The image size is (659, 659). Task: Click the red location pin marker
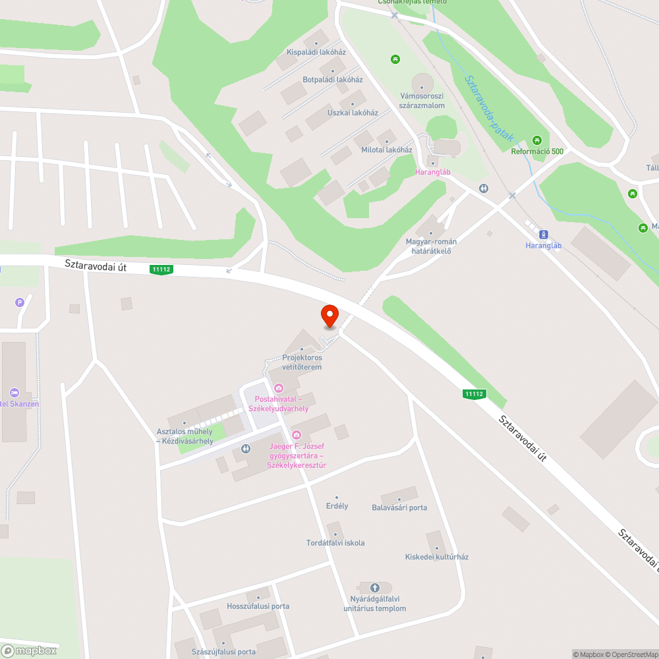click(x=329, y=316)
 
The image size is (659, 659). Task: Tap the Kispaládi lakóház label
click(x=316, y=52)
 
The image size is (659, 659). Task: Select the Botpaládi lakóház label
click(x=332, y=80)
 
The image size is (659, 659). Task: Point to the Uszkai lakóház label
click(x=353, y=113)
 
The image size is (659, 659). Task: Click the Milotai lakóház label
click(x=386, y=150)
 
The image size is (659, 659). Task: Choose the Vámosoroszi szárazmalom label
click(x=422, y=101)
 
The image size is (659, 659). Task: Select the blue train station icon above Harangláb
click(x=544, y=234)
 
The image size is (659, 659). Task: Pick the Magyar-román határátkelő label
click(x=431, y=246)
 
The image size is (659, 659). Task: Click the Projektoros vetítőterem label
click(x=302, y=362)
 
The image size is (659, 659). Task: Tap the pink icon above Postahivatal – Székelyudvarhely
click(x=279, y=388)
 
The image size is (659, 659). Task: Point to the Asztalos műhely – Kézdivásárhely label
click(x=185, y=436)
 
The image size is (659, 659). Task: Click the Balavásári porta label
click(x=399, y=507)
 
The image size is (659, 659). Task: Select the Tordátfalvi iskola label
click(x=335, y=543)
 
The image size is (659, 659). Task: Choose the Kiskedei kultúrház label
click(x=436, y=557)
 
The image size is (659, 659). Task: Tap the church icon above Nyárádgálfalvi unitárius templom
click(x=375, y=588)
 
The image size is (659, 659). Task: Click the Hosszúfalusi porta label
click(x=258, y=606)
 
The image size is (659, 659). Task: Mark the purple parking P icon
click(x=19, y=302)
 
